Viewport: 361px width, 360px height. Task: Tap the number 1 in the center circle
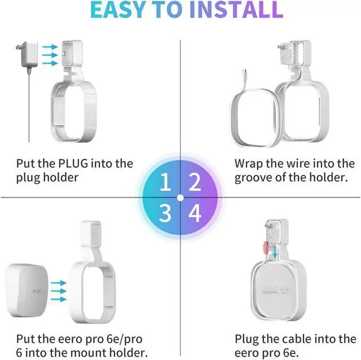click(165, 183)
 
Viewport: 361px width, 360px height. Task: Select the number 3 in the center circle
click(165, 214)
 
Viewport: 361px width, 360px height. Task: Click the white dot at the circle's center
click(180, 198)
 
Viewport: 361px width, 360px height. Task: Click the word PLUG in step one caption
click(72, 164)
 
